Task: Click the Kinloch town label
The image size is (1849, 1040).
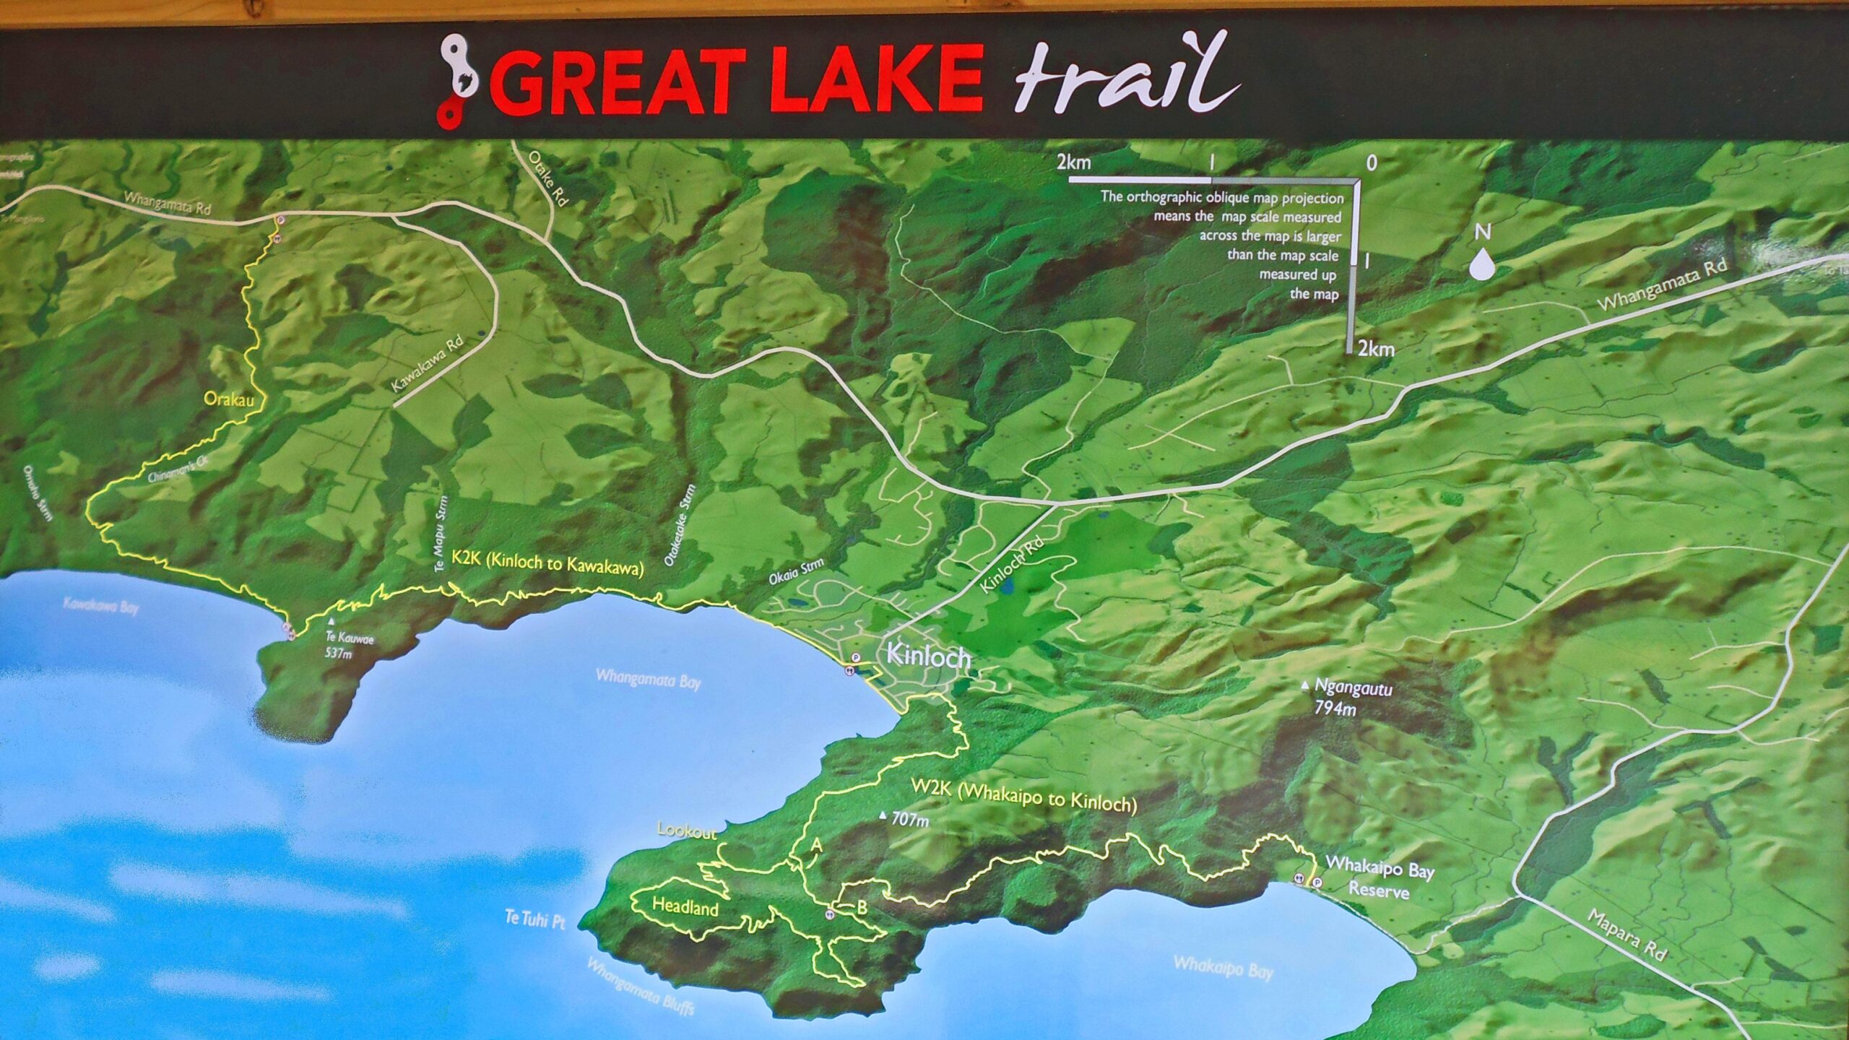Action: click(927, 656)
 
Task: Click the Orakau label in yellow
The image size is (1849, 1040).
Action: click(229, 399)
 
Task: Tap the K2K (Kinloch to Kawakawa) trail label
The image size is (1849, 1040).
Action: click(547, 563)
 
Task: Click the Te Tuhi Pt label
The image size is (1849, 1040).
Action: click(534, 919)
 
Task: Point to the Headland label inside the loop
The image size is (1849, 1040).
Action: click(685, 906)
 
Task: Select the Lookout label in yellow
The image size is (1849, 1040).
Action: click(686, 831)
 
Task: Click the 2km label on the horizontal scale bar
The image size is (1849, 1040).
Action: click(1073, 162)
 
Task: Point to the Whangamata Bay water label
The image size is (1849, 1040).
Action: click(648, 679)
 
